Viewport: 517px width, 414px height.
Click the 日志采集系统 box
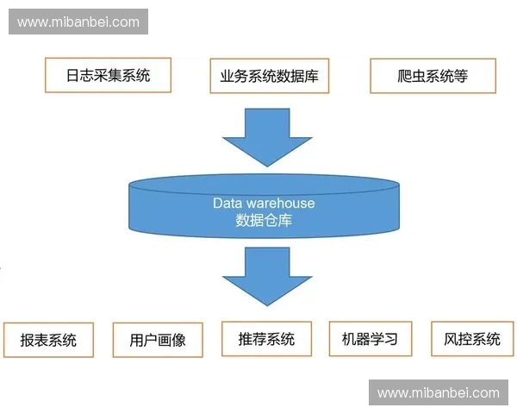click(108, 75)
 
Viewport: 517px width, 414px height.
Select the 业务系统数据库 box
click(265, 76)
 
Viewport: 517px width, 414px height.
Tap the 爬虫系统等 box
click(433, 76)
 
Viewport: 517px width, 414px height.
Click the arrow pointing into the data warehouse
click(266, 138)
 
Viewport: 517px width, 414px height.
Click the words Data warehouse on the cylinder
click(264, 204)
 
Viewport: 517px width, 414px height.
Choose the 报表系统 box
click(48, 339)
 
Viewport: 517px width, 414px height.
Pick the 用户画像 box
click(157, 339)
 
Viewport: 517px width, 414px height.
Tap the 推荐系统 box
click(266, 338)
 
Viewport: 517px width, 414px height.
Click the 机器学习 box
click(370, 338)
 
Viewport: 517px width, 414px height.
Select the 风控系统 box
click(471, 338)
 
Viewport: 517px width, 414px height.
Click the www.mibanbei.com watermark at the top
click(78, 22)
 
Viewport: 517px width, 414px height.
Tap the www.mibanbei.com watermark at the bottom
click(438, 392)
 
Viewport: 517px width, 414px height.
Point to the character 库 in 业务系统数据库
click(311, 76)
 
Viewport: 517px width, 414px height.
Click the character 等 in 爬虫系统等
click(460, 76)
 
